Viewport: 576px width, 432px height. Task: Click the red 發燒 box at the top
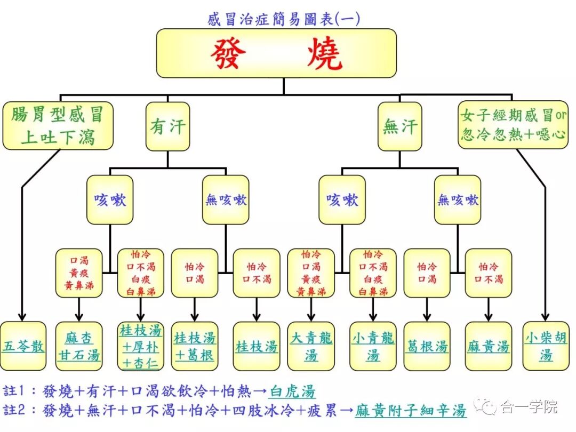(276, 53)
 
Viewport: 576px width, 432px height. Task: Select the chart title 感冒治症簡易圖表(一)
(283, 19)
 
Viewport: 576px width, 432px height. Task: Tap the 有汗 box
(167, 126)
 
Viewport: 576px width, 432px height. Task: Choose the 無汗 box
(400, 126)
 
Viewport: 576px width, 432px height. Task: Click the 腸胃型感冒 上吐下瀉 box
(58, 125)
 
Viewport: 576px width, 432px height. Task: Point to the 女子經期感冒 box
(513, 124)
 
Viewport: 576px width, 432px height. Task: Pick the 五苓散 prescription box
(23, 346)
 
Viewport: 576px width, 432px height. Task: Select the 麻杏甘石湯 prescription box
(79, 346)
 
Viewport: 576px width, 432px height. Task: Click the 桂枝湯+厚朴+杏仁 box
(141, 346)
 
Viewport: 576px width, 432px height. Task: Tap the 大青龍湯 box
(311, 346)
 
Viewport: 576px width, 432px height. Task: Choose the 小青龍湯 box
(373, 346)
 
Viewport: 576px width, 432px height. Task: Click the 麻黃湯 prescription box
(488, 346)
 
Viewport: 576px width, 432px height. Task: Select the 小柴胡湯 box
(546, 346)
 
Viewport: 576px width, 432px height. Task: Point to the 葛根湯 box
(427, 346)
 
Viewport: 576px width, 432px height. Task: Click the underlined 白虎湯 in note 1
(292, 391)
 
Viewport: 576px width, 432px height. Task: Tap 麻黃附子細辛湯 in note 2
(411, 411)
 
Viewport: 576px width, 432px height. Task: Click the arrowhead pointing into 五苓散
(22, 316)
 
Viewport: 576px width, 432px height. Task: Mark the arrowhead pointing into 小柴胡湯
(546, 316)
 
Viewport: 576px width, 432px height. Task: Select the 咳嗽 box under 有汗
(110, 199)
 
